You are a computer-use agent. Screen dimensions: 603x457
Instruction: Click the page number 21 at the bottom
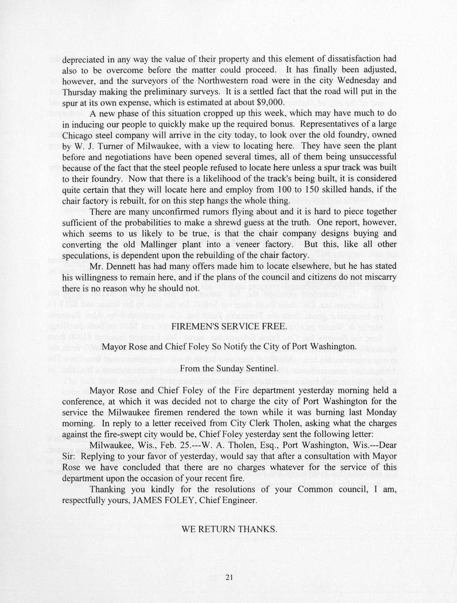click(x=230, y=578)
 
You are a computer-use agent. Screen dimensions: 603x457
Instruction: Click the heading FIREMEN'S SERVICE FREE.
click(x=229, y=326)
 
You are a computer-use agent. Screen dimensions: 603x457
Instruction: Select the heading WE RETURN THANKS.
click(x=229, y=529)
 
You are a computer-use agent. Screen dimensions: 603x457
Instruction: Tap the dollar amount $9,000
click(x=270, y=103)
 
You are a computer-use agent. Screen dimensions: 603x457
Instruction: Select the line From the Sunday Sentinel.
click(x=229, y=368)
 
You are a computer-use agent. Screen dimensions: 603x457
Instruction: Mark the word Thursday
click(x=79, y=92)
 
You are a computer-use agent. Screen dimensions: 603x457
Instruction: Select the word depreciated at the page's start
click(x=83, y=59)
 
